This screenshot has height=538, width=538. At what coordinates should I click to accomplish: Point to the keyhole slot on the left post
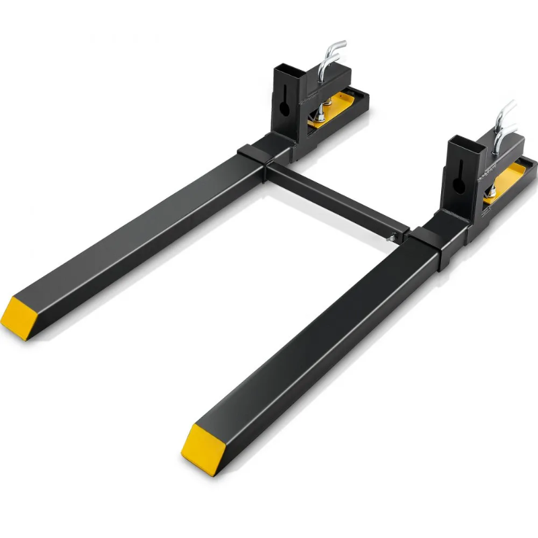point(283,105)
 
